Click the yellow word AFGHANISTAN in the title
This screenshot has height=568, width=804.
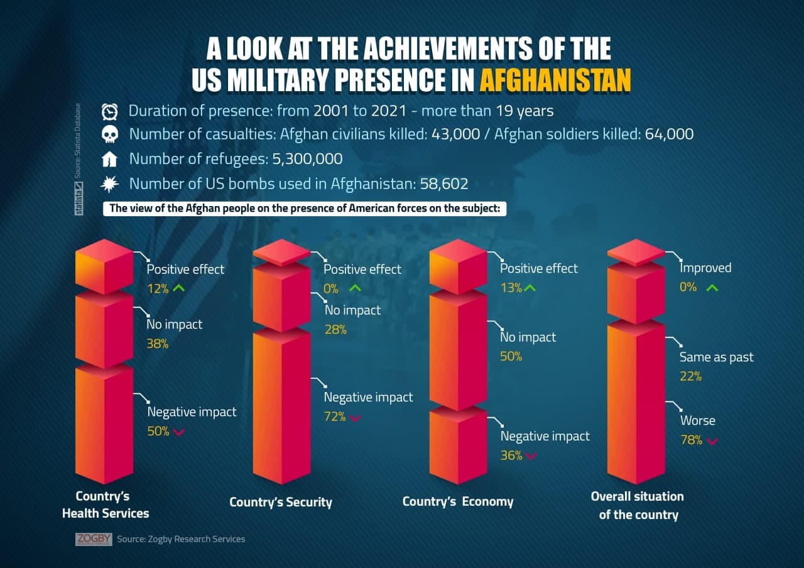pos(555,80)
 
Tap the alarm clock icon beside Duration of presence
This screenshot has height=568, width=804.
pos(110,112)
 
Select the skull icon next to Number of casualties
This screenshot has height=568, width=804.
pos(110,135)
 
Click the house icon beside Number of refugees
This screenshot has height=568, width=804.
pos(110,160)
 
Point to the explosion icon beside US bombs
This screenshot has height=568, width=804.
pos(110,183)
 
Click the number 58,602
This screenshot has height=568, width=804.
pos(444,184)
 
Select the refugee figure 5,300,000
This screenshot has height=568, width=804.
pos(307,159)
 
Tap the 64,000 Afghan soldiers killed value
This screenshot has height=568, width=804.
pos(669,134)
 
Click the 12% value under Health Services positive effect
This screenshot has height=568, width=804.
pos(157,289)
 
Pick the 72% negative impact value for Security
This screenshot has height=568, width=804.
pos(335,417)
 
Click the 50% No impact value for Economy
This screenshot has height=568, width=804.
pos(511,357)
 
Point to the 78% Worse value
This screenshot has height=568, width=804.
pos(691,440)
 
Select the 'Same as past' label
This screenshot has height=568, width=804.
pos(716,358)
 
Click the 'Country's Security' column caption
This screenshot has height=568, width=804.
pos(280,502)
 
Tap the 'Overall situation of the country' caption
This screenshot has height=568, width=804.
pos(638,505)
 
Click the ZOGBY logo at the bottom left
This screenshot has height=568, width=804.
pos(94,539)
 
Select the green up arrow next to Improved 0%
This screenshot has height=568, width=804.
pos(712,288)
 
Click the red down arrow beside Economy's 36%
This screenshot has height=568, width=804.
pos(531,456)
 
